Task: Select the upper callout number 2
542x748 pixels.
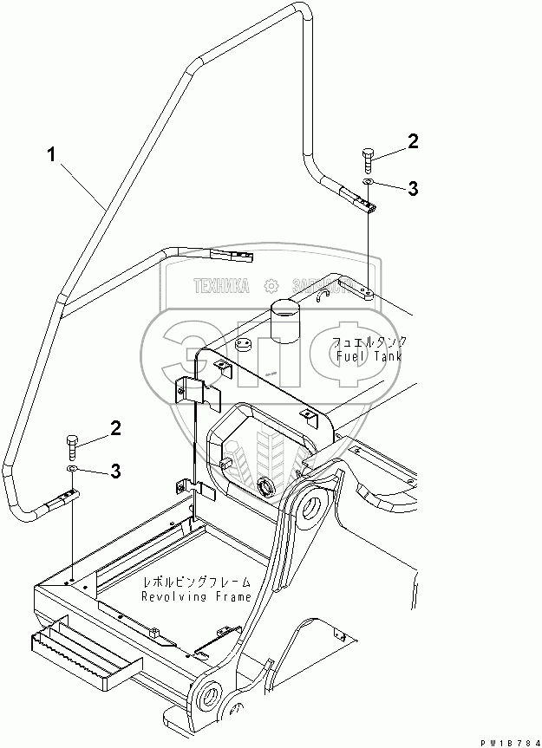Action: pos(415,140)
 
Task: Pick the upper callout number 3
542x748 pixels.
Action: pos(415,187)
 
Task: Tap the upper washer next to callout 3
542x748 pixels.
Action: pos(369,182)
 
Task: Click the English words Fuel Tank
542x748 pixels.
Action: pos(371,355)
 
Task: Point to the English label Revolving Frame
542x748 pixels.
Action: pos(197,596)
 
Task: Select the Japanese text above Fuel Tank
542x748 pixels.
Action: pos(371,341)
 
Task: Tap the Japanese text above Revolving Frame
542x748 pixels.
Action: pos(197,583)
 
